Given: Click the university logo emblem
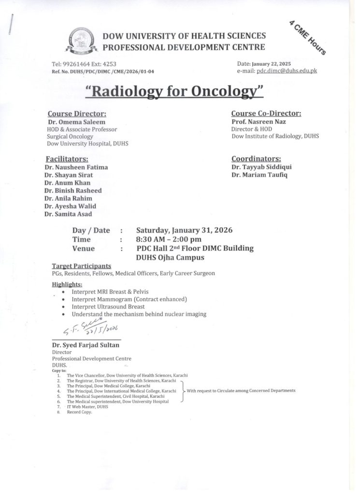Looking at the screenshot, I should [x=83, y=41].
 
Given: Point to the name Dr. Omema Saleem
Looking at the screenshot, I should [x=73, y=122].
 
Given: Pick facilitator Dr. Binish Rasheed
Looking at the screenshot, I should [x=72, y=190].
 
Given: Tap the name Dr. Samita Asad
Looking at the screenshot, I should [x=68, y=214].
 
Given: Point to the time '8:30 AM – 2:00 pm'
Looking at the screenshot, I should [x=169, y=239].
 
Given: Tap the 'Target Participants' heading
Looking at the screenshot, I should [x=81, y=266].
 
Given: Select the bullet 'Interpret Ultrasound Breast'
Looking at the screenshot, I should [x=108, y=306].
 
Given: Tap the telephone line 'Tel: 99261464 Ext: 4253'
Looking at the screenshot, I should [x=84, y=64].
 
